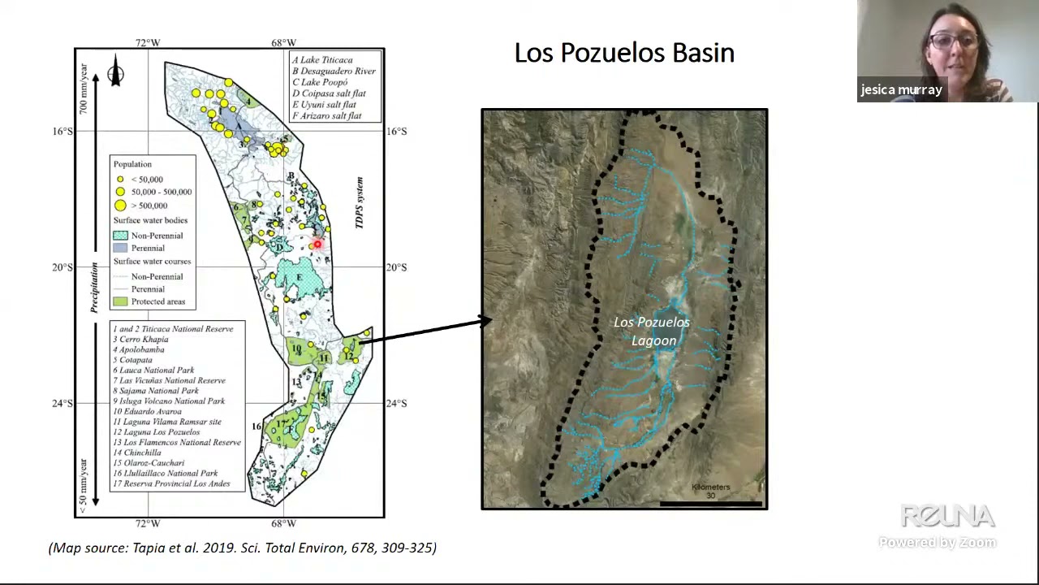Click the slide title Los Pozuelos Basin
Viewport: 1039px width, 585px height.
pyautogui.click(x=624, y=53)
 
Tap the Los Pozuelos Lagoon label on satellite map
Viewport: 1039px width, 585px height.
pyautogui.click(x=652, y=331)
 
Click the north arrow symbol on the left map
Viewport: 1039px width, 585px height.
pyautogui.click(x=115, y=72)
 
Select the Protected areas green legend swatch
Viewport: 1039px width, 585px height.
pyautogui.click(x=120, y=301)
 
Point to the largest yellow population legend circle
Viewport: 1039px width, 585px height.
pyautogui.click(x=120, y=206)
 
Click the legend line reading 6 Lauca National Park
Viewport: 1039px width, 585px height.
pyautogui.click(x=154, y=370)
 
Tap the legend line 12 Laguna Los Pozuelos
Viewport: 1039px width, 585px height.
pyautogui.click(x=157, y=431)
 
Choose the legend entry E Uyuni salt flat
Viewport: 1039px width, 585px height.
pyautogui.click(x=324, y=104)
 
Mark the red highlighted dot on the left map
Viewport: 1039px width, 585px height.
pyautogui.click(x=317, y=244)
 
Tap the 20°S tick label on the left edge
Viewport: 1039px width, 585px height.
pyautogui.click(x=63, y=267)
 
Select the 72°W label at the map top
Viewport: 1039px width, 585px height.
pyautogui.click(x=148, y=43)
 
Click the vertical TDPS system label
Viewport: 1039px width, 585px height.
pyautogui.click(x=360, y=202)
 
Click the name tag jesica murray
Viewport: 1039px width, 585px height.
pyautogui.click(x=901, y=90)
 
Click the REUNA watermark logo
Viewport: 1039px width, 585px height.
pyautogui.click(x=947, y=516)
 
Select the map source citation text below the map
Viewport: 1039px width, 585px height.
pyautogui.click(x=243, y=548)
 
